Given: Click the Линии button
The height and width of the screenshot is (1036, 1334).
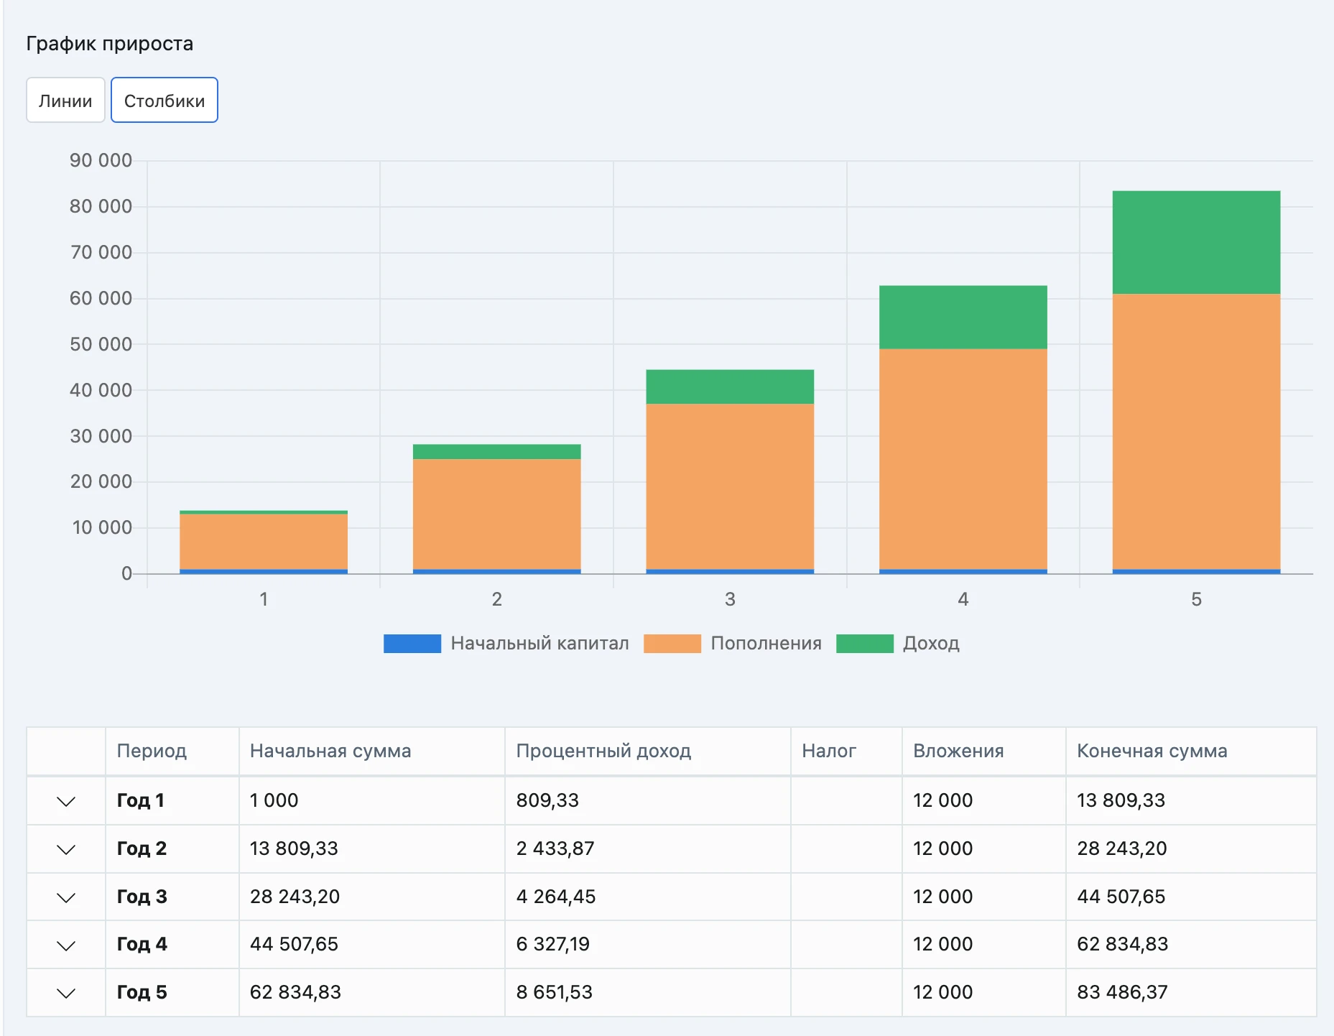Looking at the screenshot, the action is coord(65,100).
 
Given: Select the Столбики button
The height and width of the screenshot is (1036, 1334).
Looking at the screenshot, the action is coord(165,100).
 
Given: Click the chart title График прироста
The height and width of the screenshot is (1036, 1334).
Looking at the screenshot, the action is coord(110,44).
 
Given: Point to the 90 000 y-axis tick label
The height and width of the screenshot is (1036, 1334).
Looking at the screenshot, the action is coord(101,160).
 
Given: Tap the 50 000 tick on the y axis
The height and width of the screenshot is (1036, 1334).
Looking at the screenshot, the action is coord(101,344).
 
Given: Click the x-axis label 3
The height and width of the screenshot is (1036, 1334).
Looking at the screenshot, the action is coord(730,599).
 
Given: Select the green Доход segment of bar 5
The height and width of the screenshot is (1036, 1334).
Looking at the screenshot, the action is coord(1196,242).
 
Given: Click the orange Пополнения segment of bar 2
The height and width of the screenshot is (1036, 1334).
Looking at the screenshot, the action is coord(496,514).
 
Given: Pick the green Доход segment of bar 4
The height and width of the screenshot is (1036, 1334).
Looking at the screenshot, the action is coord(963,317).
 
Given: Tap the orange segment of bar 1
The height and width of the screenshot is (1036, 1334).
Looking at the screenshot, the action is coord(264,541).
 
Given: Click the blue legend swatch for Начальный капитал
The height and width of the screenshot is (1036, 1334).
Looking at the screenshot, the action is coord(412,643).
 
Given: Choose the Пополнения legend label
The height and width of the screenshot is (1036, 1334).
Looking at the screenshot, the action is coord(766,643).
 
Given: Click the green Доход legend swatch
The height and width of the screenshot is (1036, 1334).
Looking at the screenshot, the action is coord(865,643).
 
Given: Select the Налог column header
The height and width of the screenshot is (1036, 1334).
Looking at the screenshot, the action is coord(829,751).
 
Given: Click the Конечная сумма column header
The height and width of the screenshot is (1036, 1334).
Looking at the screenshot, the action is coord(1152,751).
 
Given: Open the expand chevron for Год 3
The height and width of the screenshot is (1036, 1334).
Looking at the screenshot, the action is coord(66,897).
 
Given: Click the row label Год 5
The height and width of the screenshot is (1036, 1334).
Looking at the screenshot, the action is coord(142,992).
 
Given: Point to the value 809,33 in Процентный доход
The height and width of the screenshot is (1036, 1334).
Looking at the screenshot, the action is coord(547,800).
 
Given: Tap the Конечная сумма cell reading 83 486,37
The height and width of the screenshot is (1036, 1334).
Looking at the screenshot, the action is coord(1122,992).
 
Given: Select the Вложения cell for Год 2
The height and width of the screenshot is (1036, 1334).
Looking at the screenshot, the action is coord(942,848).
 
